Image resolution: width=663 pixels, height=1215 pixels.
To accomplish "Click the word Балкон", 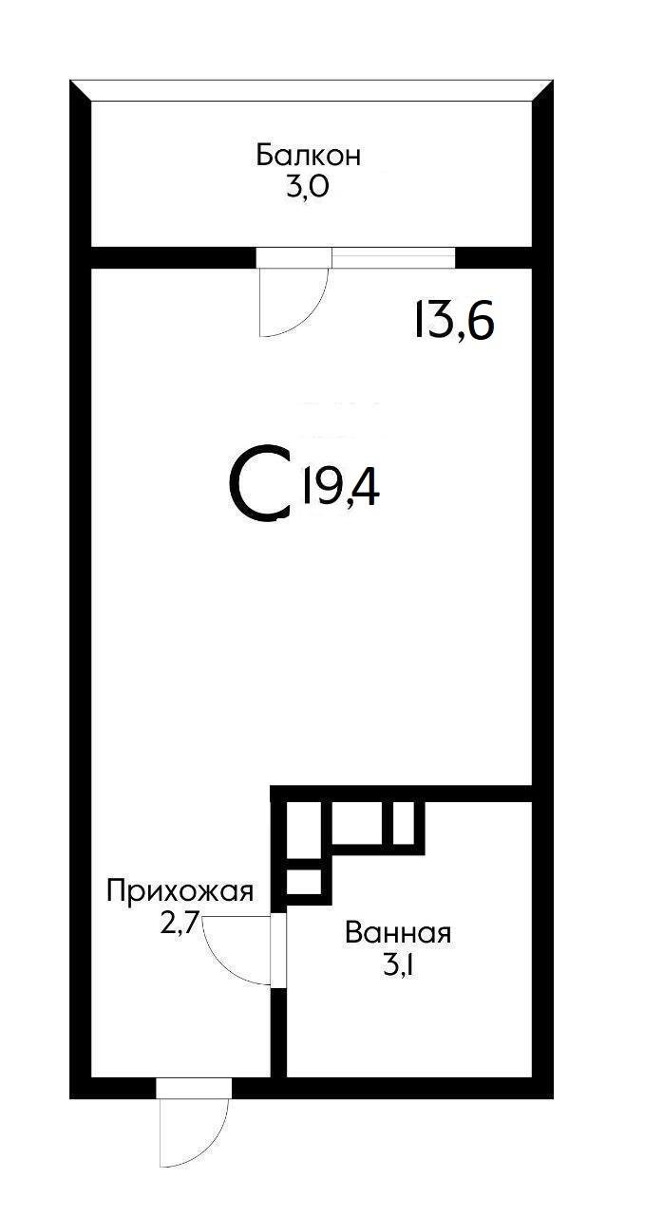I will pyautogui.click(x=308, y=156).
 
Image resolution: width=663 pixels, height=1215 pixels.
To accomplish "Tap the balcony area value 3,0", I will pyautogui.click(x=308, y=186).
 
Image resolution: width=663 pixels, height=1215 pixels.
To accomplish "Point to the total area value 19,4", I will pyautogui.click(x=340, y=488).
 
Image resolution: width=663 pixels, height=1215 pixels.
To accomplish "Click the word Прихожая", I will pyautogui.click(x=180, y=891).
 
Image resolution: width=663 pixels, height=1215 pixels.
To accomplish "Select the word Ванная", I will pyautogui.click(x=398, y=933).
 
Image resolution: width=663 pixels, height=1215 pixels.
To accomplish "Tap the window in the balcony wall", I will pyautogui.click(x=393, y=257).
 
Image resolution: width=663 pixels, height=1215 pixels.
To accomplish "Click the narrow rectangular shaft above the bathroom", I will pyautogui.click(x=403, y=822).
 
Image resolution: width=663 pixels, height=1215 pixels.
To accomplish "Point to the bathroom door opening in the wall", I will pyautogui.click(x=278, y=950).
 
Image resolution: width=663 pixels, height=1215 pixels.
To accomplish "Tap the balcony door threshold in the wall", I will pyautogui.click(x=294, y=257).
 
